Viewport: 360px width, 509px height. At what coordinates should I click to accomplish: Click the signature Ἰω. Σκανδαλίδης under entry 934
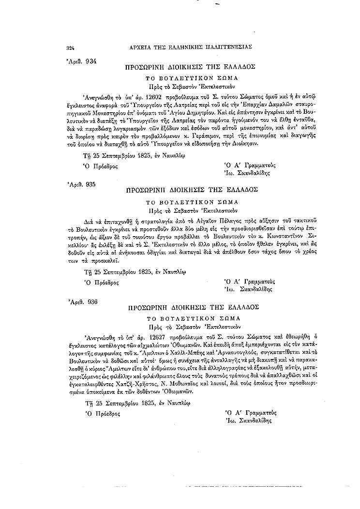coord(247,172)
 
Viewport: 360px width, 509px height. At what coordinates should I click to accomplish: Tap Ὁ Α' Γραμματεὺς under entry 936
coord(250,412)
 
